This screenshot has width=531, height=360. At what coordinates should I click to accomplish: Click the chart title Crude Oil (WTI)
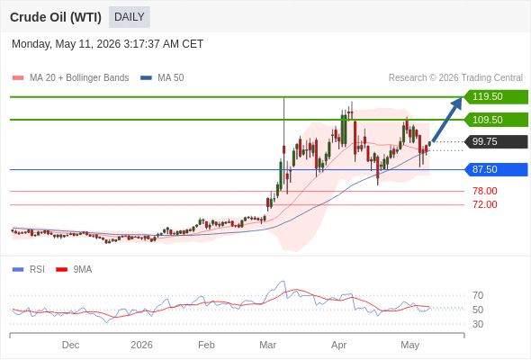pyautogui.click(x=56, y=17)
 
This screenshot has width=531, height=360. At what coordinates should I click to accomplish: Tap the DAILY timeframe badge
pyautogui.click(x=130, y=17)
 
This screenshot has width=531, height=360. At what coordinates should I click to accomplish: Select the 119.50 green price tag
pyautogui.click(x=496, y=97)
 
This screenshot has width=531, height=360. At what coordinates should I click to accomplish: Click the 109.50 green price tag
pyautogui.click(x=496, y=120)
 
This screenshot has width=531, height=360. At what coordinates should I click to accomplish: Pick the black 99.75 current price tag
pyautogui.click(x=496, y=141)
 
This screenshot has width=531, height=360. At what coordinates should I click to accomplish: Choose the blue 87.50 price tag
pyautogui.click(x=496, y=169)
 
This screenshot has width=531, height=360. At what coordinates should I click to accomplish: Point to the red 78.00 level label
pyautogui.click(x=485, y=191)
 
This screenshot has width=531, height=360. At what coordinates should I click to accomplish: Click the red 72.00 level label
pyautogui.click(x=485, y=204)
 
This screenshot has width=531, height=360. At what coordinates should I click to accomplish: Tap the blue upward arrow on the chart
pyautogui.click(x=447, y=119)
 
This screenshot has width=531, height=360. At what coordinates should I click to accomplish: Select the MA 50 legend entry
pyautogui.click(x=162, y=78)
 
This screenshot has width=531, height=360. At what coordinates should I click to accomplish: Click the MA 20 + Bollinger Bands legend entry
pyautogui.click(x=70, y=78)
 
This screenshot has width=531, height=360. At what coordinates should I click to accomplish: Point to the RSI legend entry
pyautogui.click(x=29, y=270)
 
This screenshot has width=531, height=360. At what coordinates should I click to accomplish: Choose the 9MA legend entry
pyautogui.click(x=74, y=270)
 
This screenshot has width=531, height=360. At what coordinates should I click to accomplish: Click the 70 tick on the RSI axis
pyautogui.click(x=478, y=295)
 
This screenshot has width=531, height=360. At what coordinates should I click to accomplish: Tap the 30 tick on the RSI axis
pyautogui.click(x=478, y=324)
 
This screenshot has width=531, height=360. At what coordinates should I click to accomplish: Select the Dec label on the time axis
pyautogui.click(x=70, y=345)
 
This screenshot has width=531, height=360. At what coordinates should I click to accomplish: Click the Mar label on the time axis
pyautogui.click(x=268, y=345)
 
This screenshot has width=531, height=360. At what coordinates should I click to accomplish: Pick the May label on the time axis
pyautogui.click(x=410, y=345)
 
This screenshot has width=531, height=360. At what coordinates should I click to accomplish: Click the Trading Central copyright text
pyautogui.click(x=455, y=78)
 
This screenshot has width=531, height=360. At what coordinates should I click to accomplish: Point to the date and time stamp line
pyautogui.click(x=108, y=44)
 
